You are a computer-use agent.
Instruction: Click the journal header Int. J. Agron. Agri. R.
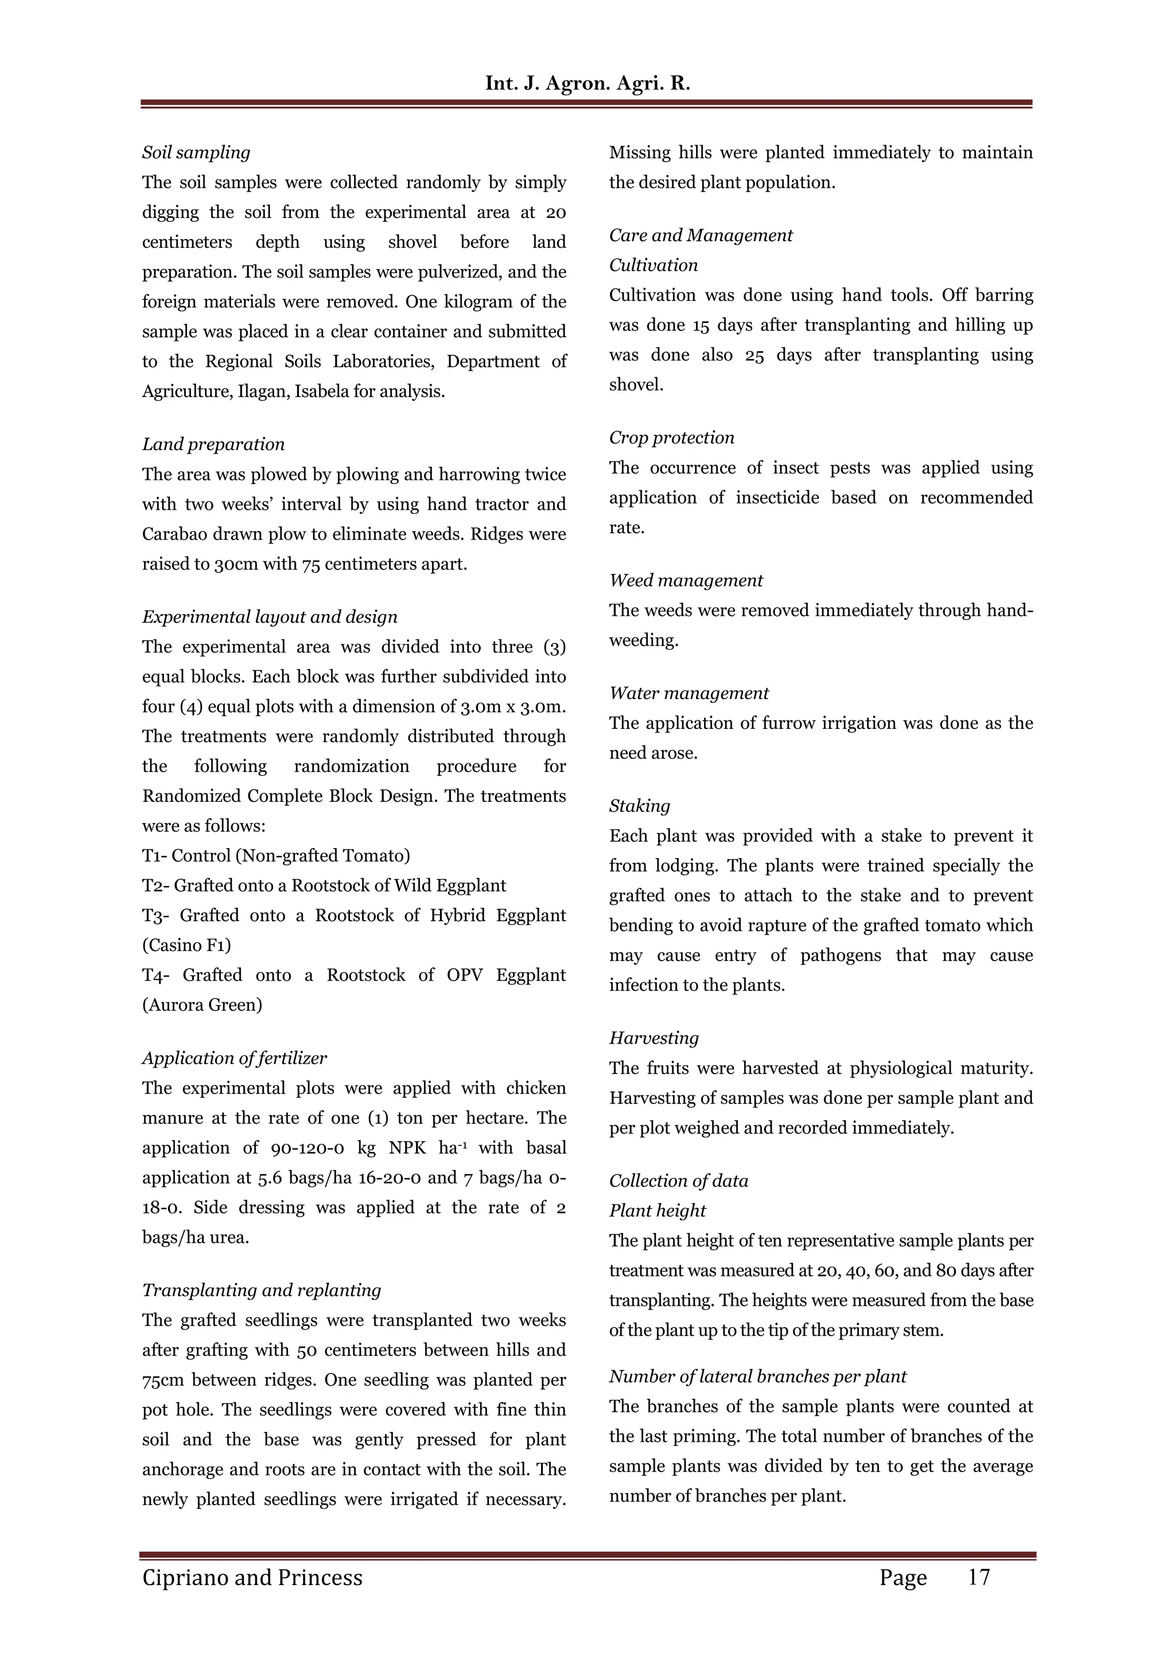point(587,83)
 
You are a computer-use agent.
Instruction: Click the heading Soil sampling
point(196,153)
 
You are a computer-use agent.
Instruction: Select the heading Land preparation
point(213,444)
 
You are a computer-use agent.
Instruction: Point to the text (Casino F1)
point(187,945)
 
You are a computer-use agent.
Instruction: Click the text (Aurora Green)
point(202,1005)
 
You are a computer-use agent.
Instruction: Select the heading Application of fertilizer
point(234,1058)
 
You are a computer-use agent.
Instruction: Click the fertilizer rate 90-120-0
point(313,1148)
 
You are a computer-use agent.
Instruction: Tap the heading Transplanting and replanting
point(262,1290)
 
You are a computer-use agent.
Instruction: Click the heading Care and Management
point(700,235)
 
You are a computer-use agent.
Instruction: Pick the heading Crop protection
point(671,438)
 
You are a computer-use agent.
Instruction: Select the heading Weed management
point(686,580)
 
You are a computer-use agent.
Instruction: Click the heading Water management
point(688,693)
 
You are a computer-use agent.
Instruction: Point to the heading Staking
point(639,806)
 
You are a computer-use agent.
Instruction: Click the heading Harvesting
point(653,1038)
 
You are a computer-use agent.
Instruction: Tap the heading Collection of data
point(678,1181)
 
